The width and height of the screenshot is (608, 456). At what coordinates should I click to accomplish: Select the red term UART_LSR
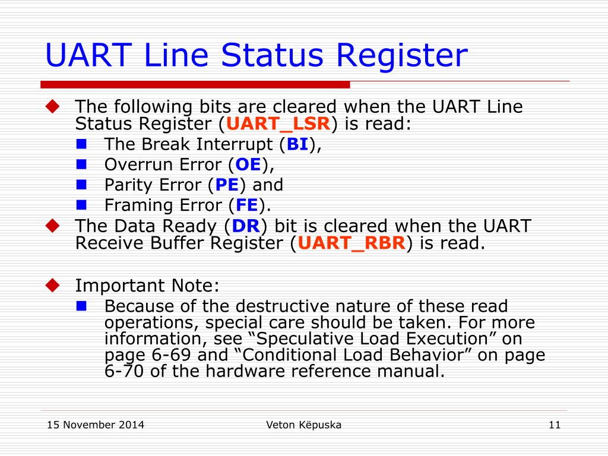click(x=278, y=124)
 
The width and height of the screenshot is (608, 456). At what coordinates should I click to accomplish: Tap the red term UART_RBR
click(x=351, y=243)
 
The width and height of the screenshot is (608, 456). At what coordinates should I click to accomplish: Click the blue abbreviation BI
click(x=297, y=144)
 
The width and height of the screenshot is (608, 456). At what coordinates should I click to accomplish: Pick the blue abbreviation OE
click(x=248, y=164)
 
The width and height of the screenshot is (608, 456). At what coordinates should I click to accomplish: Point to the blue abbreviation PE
click(x=227, y=185)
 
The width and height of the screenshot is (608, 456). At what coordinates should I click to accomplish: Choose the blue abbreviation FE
click(x=246, y=205)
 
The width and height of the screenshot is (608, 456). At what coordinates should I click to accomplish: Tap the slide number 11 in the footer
click(x=555, y=425)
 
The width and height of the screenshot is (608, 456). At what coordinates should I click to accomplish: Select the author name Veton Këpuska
click(x=304, y=425)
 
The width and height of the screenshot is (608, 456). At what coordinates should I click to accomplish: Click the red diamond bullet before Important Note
click(x=53, y=285)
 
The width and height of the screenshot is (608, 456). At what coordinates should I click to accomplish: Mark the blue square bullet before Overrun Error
click(x=82, y=163)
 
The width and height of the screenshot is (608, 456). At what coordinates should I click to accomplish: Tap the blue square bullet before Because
click(x=82, y=305)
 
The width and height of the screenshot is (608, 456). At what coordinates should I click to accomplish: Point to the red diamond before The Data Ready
click(x=53, y=225)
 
